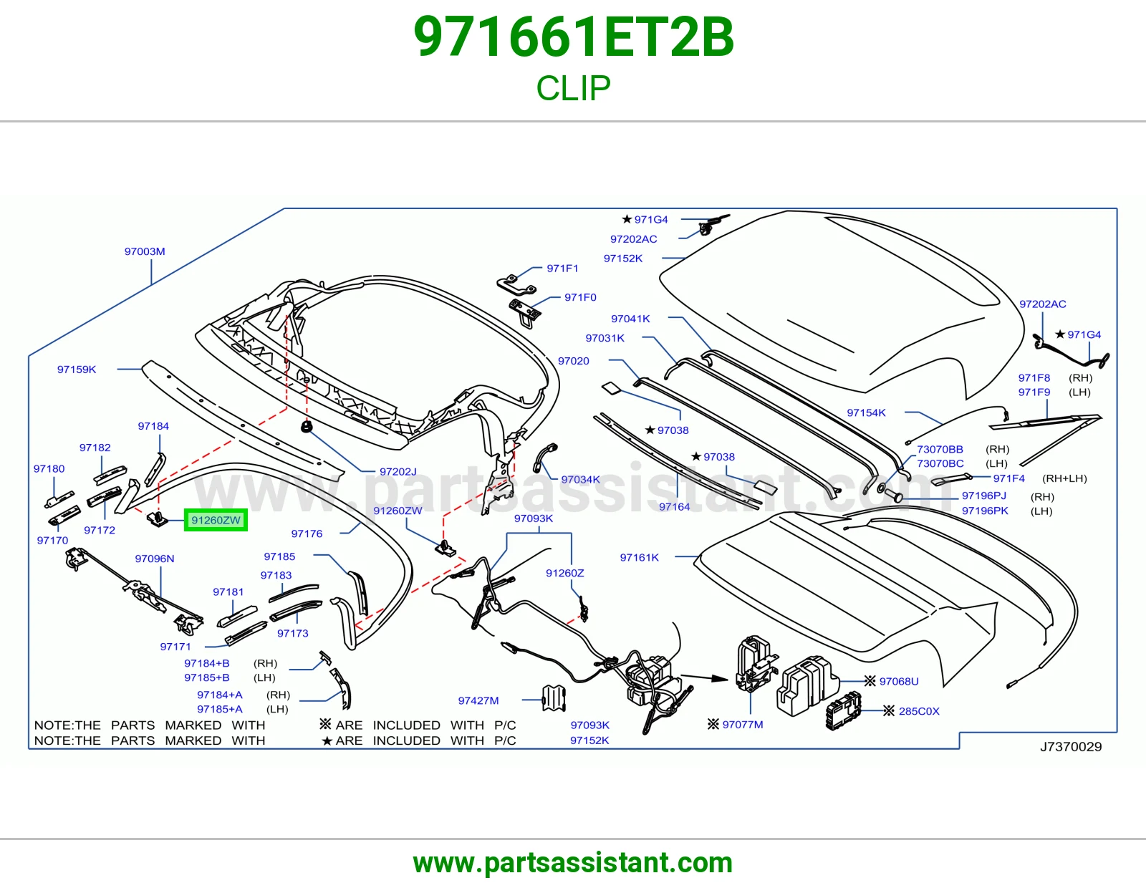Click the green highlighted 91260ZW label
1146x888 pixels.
[216, 520]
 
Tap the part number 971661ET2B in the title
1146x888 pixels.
[573, 37]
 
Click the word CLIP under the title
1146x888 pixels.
[573, 87]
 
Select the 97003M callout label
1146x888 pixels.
[145, 251]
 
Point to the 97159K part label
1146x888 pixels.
[77, 370]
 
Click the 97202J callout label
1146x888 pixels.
[398, 471]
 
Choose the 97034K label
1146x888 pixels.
[580, 479]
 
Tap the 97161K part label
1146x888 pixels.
[639, 557]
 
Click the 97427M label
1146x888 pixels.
[478, 700]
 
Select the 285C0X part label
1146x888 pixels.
[919, 711]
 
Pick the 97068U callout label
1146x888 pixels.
[899, 681]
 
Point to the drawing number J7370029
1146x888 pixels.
[1071, 747]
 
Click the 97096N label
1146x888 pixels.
[155, 559]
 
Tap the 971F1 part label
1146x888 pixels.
[562, 269]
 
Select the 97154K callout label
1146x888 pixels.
[866, 413]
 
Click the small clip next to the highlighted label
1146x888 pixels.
[157, 519]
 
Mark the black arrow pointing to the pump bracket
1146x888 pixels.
[704, 677]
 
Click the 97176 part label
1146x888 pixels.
[307, 534]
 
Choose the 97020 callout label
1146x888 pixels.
[573, 361]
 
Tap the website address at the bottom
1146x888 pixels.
[573, 863]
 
